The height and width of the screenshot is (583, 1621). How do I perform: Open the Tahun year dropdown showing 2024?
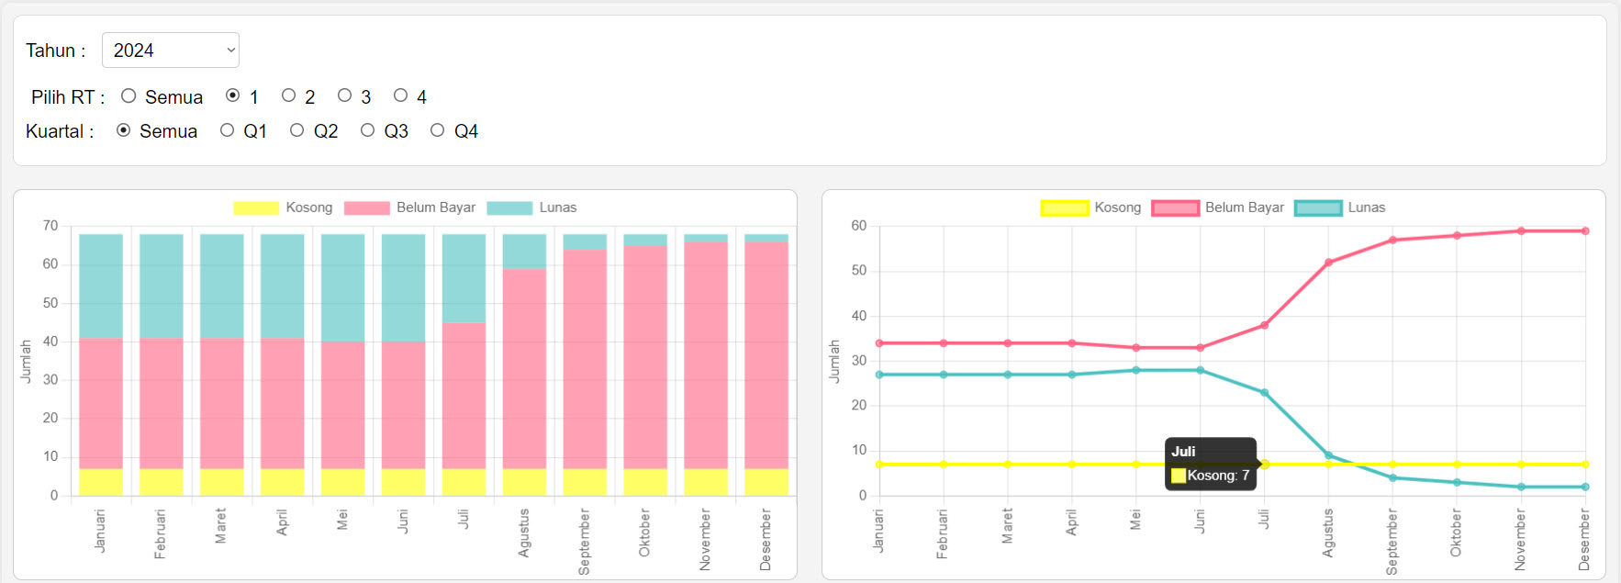coord(171,50)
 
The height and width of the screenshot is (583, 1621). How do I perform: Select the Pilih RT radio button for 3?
coord(344,95)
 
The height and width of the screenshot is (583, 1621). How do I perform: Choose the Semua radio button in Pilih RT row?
coord(129,95)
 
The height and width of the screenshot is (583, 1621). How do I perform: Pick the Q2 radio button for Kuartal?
coord(296,130)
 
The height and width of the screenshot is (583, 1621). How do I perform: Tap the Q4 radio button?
coord(437,130)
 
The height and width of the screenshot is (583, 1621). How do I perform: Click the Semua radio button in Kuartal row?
coord(123,130)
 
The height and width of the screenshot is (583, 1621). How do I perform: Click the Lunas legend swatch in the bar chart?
coord(509,208)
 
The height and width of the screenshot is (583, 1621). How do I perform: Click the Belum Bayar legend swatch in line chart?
coord(1175,208)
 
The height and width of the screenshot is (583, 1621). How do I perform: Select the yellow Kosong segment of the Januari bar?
coord(101,482)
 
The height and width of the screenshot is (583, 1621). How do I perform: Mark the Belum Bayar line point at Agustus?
coord(1328,263)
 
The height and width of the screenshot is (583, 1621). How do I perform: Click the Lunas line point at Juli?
coord(1264,393)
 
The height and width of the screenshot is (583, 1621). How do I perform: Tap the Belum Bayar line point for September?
coord(1392,241)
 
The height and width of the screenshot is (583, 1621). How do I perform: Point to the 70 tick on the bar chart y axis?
coord(50,226)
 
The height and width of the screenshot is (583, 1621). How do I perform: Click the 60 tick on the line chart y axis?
coord(858,226)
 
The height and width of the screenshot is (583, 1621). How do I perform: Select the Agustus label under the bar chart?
coord(524,533)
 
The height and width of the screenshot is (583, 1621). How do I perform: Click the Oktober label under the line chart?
coord(1456,533)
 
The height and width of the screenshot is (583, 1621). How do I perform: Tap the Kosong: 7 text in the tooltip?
coord(1218,476)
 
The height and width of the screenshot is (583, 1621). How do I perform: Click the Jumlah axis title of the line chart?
coord(834,361)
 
